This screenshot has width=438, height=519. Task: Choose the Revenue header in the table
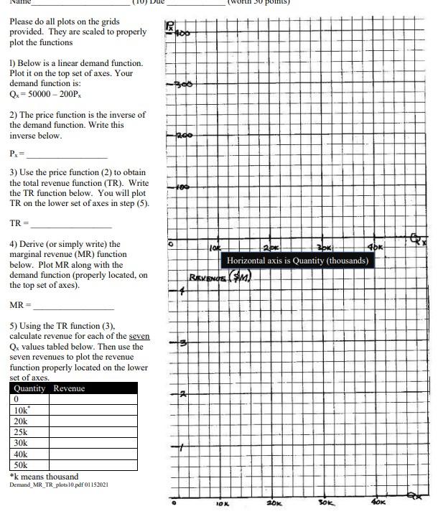[x=69, y=388]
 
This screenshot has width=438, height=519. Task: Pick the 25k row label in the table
[x=22, y=432]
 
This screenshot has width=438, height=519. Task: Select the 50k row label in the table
[x=22, y=464]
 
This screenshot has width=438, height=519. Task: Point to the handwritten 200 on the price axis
[x=183, y=135]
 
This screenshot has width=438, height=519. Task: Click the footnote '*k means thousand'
[x=45, y=476]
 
